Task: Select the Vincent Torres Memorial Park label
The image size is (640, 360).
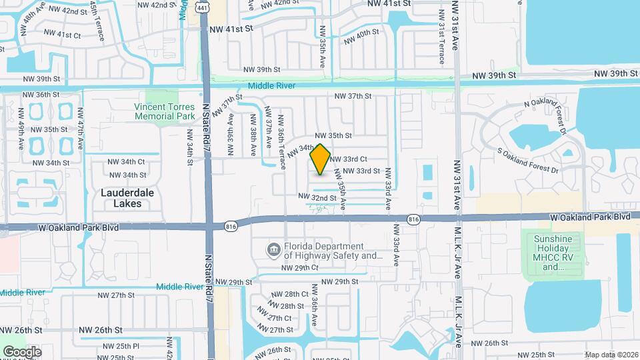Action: click(164, 111)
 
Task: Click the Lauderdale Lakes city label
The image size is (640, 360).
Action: click(121, 198)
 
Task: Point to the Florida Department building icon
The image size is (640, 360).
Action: click(273, 251)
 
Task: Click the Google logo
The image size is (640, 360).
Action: click(22, 351)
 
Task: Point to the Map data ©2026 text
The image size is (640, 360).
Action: click(611, 354)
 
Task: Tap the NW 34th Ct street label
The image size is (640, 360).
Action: click(125, 161)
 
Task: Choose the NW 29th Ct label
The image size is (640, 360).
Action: click(301, 267)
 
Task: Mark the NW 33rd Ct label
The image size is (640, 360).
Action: click(348, 159)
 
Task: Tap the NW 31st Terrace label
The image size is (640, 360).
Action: click(441, 37)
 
